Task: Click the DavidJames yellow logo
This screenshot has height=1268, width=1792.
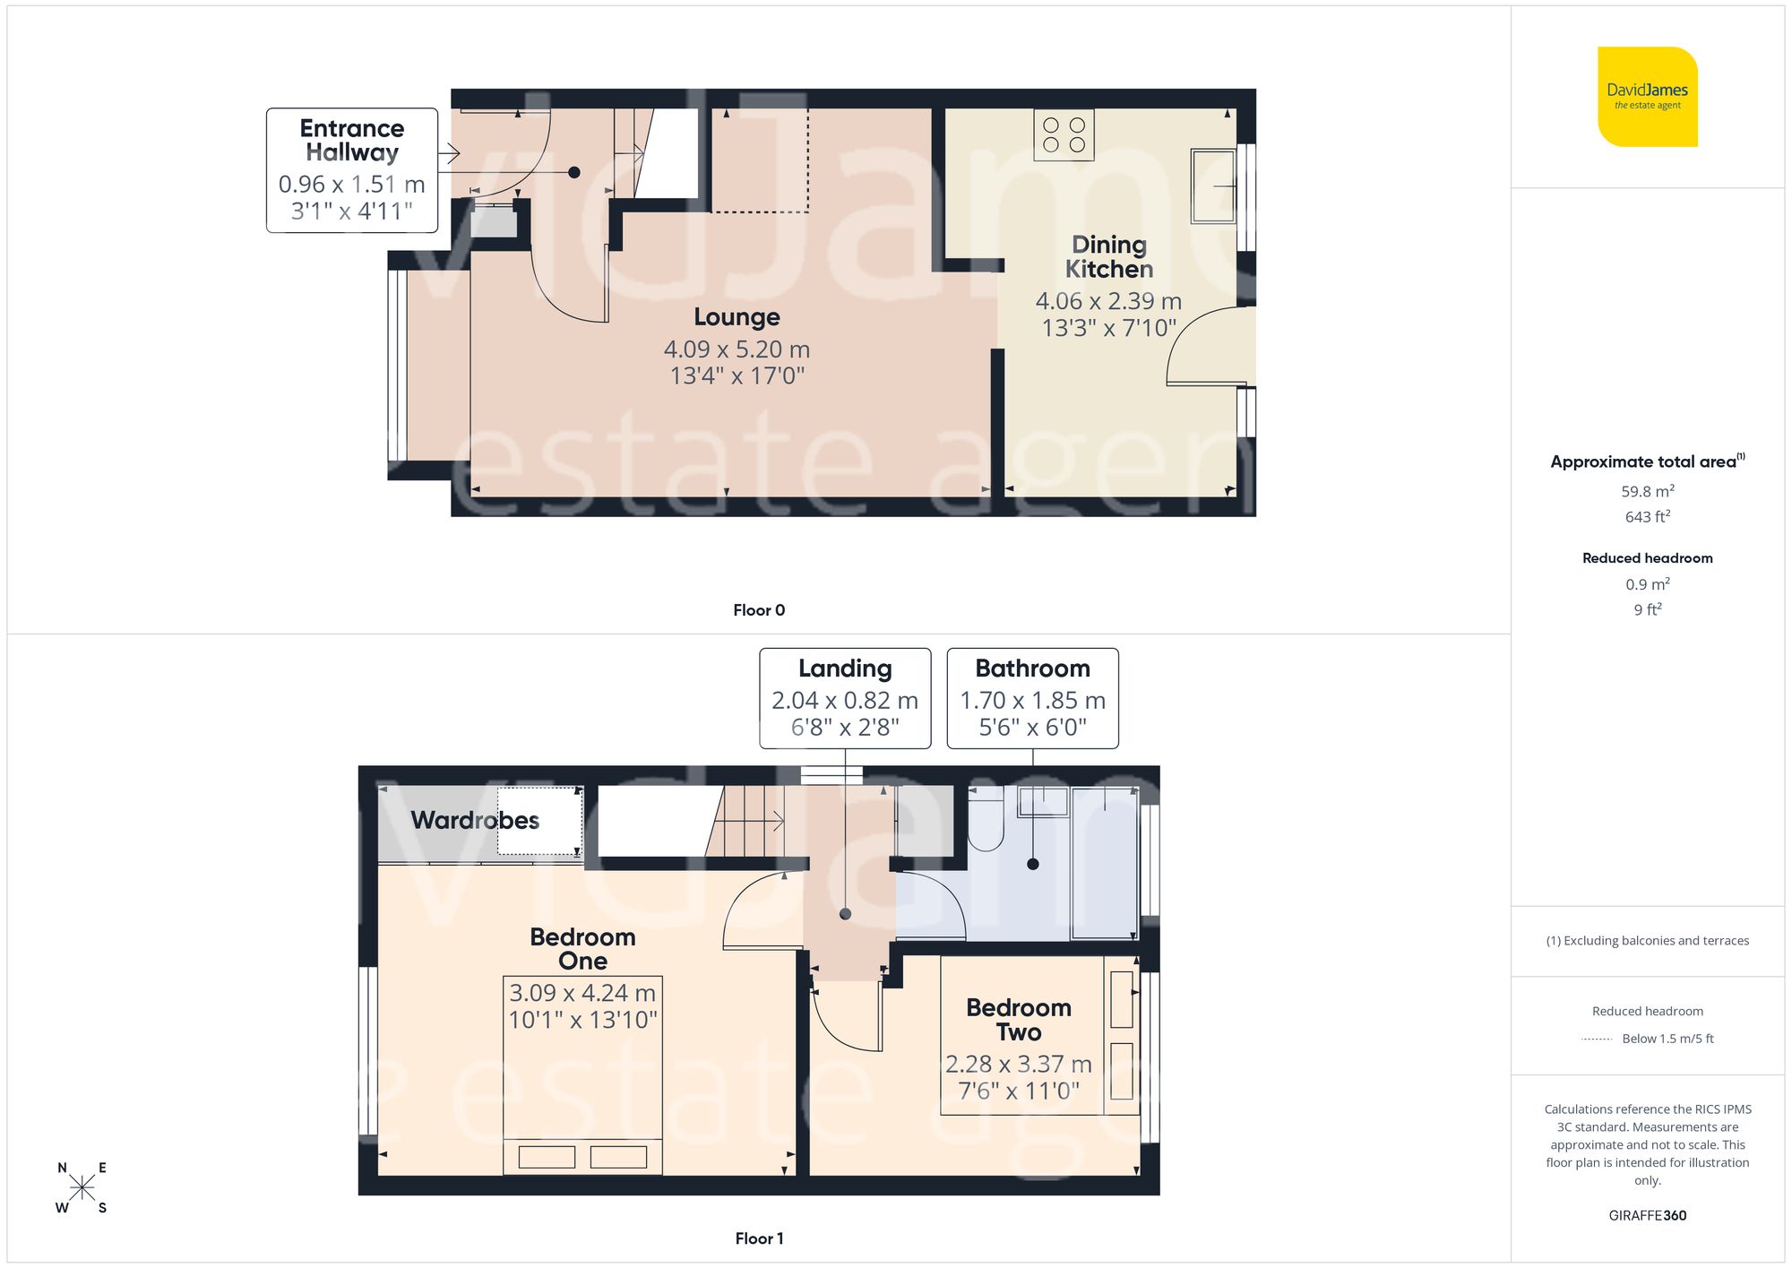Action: coord(1647,97)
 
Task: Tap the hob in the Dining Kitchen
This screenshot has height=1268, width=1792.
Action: coord(1064,135)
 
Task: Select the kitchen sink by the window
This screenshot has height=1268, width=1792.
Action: coord(1212,186)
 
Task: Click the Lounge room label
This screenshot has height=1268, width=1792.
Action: coord(737,317)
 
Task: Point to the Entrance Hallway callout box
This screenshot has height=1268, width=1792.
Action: coord(352,170)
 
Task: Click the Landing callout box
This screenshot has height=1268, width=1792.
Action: coord(845,698)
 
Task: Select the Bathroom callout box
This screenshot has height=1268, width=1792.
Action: coord(1032,698)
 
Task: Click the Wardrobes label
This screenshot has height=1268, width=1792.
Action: coord(475,820)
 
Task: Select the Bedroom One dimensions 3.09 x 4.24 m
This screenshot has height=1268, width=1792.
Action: coord(582,993)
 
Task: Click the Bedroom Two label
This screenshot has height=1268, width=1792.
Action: coord(1019,1020)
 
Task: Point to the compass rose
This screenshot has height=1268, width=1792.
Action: coord(82,1188)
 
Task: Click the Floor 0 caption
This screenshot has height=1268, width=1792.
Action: coord(759,610)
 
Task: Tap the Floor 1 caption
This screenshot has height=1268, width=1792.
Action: coord(759,1238)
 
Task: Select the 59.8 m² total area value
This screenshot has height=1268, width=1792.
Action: coord(1647,491)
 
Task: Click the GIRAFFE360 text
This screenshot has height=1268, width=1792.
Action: coord(1647,1216)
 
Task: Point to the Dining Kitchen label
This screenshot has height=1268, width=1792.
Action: coord(1108,257)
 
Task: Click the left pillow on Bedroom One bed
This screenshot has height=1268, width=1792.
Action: coord(547,1157)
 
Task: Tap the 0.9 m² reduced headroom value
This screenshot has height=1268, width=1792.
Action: coord(1647,584)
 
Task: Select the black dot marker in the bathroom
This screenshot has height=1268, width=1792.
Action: coord(1033,865)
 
